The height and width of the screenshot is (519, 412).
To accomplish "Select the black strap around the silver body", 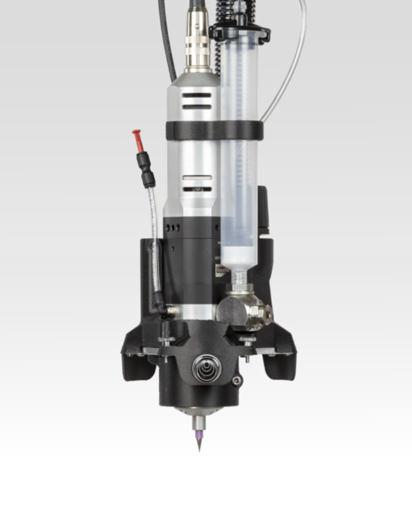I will coord(214,130).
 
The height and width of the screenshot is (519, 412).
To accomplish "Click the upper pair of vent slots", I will coord(196,101).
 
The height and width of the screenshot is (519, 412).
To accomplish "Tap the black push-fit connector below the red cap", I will coord(146,169).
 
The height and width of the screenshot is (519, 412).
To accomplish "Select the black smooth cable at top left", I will coord(168,38).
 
